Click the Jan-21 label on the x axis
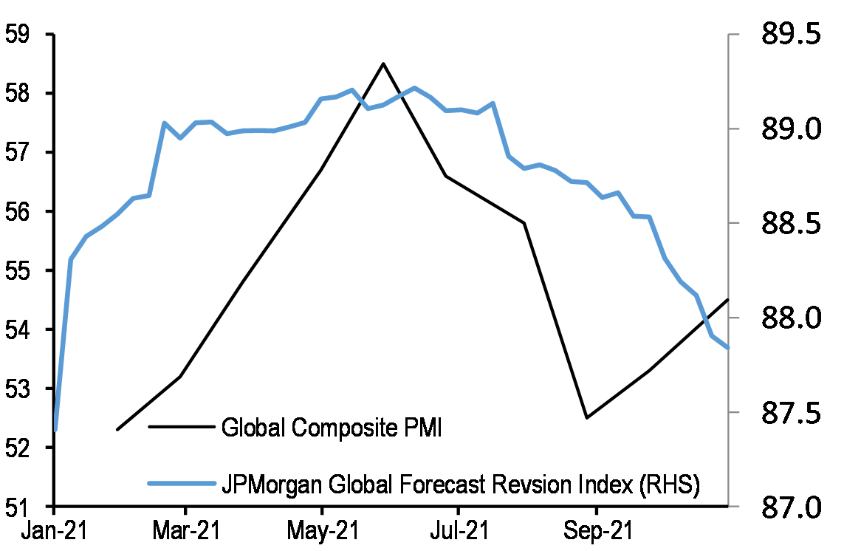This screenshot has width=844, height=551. click(54, 532)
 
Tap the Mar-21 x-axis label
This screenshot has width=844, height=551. click(185, 532)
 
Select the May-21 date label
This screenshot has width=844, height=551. click(322, 532)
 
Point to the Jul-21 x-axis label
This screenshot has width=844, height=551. click(458, 532)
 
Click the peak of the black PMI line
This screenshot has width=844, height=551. click(383, 64)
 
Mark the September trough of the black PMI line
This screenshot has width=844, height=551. click(586, 418)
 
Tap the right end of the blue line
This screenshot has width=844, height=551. click(728, 347)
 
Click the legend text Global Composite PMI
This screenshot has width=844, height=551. click(332, 428)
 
